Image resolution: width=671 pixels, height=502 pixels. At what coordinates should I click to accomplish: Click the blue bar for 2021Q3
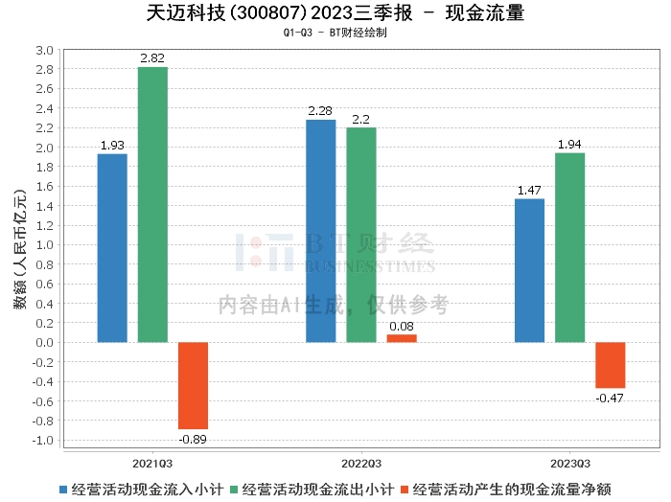112,248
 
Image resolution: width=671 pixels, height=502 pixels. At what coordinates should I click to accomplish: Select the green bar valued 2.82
152,204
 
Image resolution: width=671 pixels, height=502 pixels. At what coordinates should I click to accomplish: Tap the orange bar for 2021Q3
193,385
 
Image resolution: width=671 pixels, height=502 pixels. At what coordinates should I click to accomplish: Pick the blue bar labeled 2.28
321,231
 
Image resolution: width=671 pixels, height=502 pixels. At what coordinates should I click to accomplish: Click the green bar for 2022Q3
361,235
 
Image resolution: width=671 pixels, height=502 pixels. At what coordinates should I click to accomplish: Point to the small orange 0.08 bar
402,338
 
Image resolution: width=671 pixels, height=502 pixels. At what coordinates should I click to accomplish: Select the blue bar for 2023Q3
529,270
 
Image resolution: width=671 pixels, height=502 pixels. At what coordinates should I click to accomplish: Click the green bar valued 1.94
569,247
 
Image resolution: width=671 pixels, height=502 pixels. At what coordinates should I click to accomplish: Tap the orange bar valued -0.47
610,365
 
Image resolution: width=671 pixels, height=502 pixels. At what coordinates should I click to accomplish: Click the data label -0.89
193,440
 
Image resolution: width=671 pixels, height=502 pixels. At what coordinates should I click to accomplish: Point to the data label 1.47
529,191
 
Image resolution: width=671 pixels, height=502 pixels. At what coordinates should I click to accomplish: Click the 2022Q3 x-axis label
361,462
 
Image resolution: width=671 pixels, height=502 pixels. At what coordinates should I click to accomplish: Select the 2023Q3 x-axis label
569,462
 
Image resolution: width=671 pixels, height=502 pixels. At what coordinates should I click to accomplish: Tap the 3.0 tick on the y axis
44,50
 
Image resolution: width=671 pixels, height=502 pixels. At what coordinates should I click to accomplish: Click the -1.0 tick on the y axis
43,440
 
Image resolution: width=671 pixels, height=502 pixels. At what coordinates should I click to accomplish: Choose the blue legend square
64,489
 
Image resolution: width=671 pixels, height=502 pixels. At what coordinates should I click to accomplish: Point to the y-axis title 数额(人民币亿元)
18,245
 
